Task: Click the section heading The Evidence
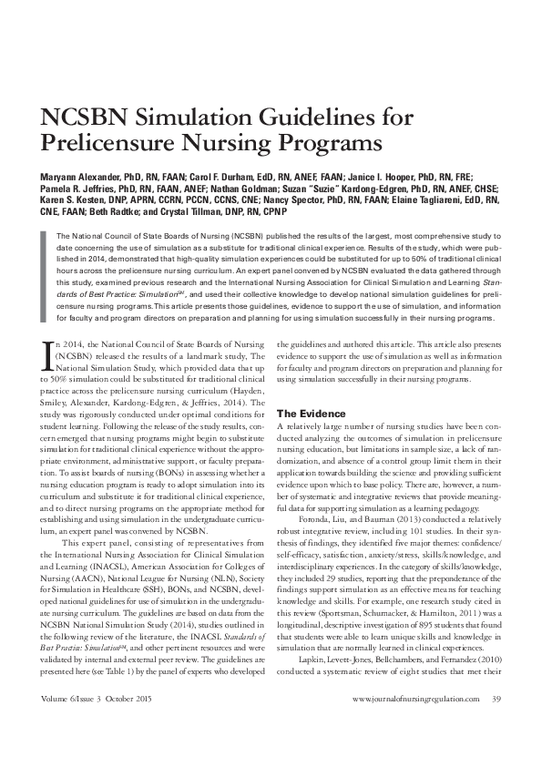point(310,413)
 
